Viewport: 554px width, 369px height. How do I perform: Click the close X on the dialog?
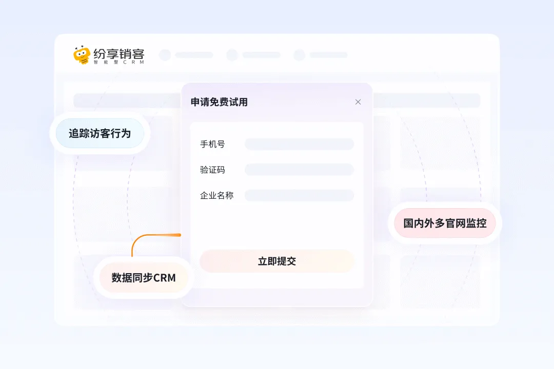pyautogui.click(x=358, y=102)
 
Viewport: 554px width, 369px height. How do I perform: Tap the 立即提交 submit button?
pyautogui.click(x=277, y=261)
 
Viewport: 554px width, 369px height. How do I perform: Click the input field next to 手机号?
pyautogui.click(x=299, y=144)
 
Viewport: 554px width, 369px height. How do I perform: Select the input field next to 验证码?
pyautogui.click(x=299, y=170)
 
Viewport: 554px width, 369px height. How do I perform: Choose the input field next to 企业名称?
pyautogui.click(x=299, y=195)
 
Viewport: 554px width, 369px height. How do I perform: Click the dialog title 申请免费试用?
pyautogui.click(x=219, y=102)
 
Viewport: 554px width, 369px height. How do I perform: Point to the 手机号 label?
pyautogui.click(x=212, y=144)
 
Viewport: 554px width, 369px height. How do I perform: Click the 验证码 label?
pyautogui.click(x=212, y=170)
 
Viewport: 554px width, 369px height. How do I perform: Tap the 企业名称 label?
pyautogui.click(x=216, y=195)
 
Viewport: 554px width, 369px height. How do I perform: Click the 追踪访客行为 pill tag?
pyautogui.click(x=100, y=134)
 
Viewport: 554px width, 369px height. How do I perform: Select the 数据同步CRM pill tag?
pyautogui.click(x=144, y=278)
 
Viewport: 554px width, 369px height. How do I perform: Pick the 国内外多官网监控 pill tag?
pyautogui.click(x=445, y=223)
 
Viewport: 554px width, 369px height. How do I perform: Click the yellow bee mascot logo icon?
pyautogui.click(x=82, y=55)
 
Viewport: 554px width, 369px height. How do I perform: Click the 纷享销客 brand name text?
pyautogui.click(x=119, y=53)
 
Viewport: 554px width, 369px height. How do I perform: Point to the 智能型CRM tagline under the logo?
pyautogui.click(x=119, y=63)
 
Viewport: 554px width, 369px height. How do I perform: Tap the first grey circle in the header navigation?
pyautogui.click(x=165, y=55)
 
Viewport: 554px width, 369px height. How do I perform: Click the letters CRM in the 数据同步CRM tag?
pyautogui.click(x=164, y=278)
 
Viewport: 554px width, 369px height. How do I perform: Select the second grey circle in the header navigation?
pyautogui.click(x=232, y=55)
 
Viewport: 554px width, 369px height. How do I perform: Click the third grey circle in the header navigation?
pyautogui.click(x=299, y=55)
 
